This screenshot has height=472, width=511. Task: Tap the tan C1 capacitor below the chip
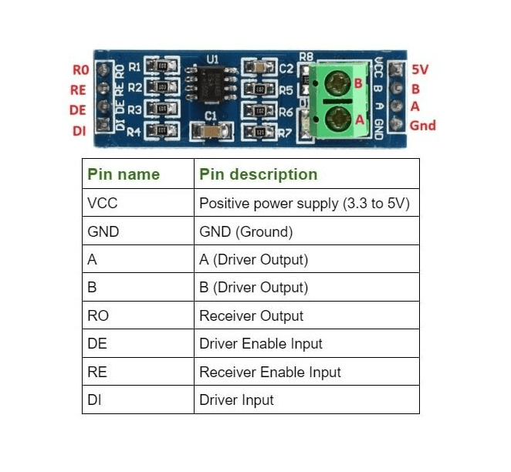[x=207, y=132]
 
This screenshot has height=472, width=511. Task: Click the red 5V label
[x=420, y=69]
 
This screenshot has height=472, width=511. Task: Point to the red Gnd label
[x=422, y=125]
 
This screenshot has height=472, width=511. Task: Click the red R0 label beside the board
[x=80, y=70]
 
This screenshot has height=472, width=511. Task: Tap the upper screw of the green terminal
[x=337, y=81]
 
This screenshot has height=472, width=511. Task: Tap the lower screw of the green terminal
[x=337, y=118]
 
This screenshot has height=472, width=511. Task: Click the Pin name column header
[x=124, y=174]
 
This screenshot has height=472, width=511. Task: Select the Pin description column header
[x=258, y=174]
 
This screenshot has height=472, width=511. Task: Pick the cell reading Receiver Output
[x=251, y=315]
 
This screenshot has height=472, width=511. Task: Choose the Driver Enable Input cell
[x=260, y=344]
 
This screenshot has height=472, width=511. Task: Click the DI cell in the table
[x=95, y=400]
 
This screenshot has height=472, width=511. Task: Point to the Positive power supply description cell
[x=303, y=204]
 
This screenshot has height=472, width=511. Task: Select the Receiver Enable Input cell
[x=269, y=372]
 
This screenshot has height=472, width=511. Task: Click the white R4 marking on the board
[x=134, y=132]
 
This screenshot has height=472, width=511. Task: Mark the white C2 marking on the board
[x=286, y=69]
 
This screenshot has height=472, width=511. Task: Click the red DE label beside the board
[x=78, y=110]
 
